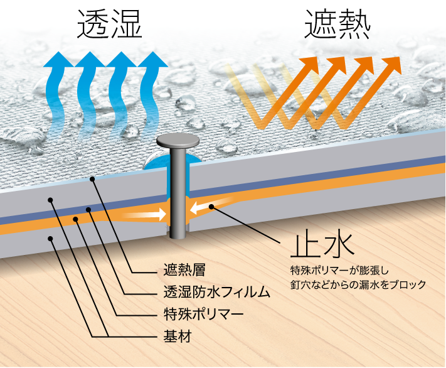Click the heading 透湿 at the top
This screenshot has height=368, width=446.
coord(110,28)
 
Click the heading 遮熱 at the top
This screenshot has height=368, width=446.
coord(337,28)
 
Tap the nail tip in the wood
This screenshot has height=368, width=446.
coord(177,233)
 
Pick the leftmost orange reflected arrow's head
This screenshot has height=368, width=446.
coord(306,63)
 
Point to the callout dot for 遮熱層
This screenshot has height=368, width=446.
coord(92,179)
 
